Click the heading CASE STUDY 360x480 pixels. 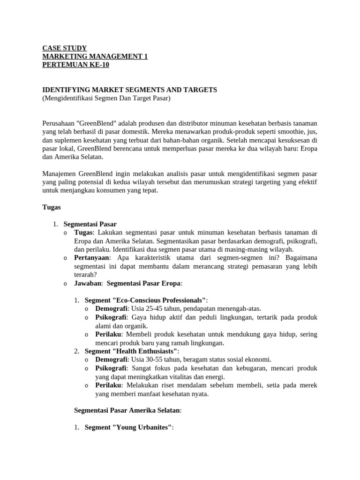pos(64,48)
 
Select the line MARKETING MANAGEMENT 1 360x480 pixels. pos(95,56)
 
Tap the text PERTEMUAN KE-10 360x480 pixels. pos(75,65)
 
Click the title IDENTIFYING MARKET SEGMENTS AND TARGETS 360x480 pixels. pos(129,90)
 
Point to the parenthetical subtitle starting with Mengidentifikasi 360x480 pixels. pos(106,98)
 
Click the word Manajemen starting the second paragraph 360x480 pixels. pos(59,173)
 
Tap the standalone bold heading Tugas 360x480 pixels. pos(52,207)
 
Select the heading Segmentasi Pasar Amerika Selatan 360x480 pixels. pos(127,410)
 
